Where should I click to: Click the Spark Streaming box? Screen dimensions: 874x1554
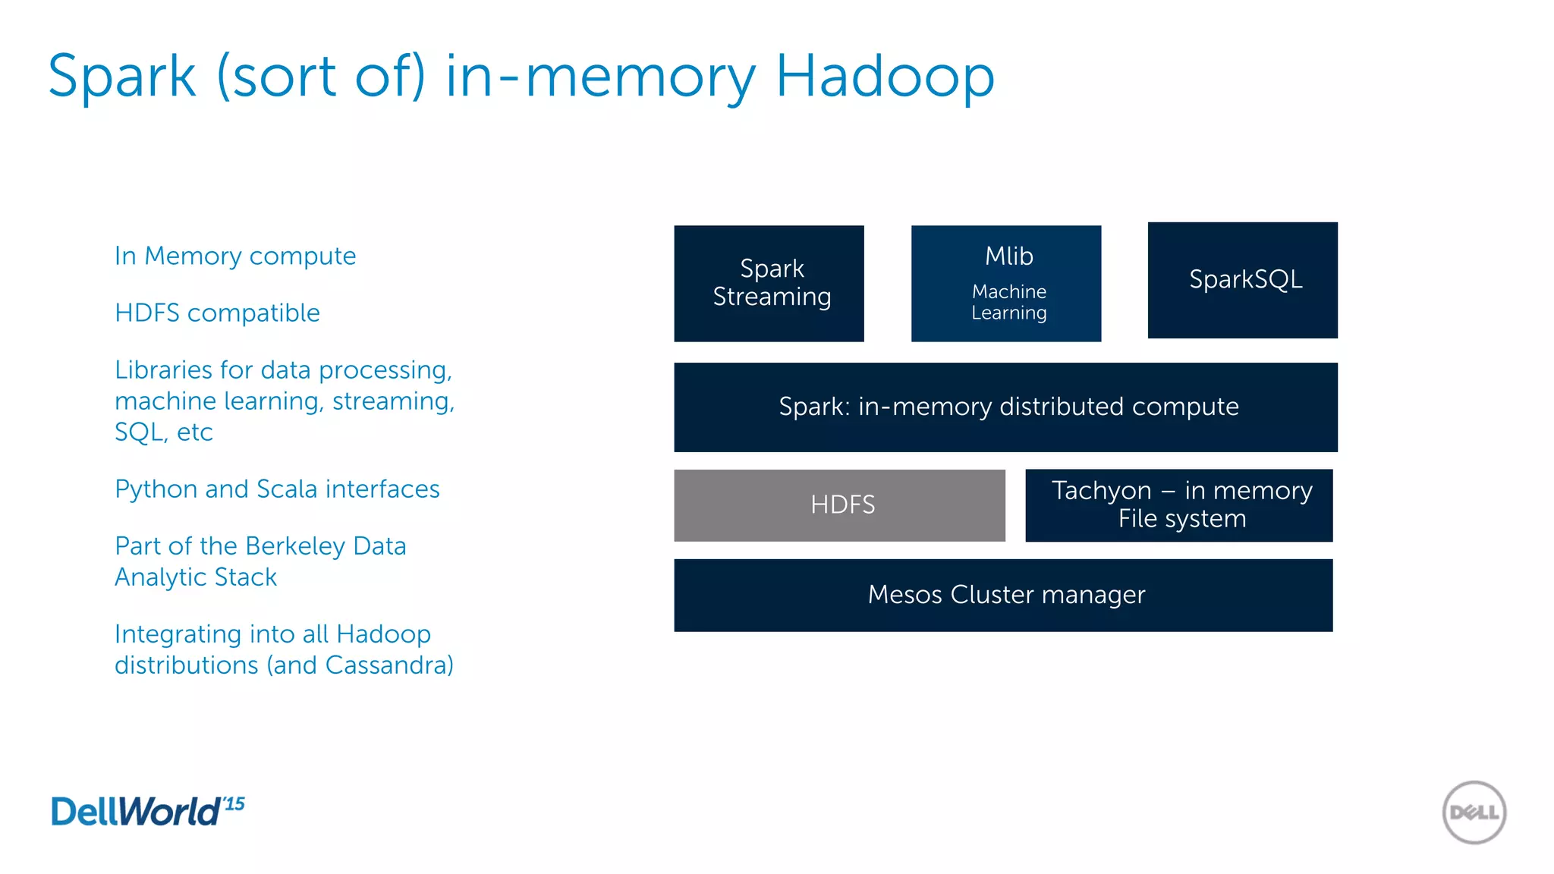tap(769, 283)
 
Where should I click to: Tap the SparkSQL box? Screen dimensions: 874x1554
tap(1242, 280)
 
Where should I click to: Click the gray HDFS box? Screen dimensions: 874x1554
tap(839, 505)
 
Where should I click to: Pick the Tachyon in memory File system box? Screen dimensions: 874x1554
tap(1178, 505)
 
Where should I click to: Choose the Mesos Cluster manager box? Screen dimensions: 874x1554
tap(1003, 595)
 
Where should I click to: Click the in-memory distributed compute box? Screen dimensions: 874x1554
tap(1005, 407)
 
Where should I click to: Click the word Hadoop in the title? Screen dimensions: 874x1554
tap(884, 77)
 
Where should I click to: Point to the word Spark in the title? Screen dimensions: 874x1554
tap(122, 77)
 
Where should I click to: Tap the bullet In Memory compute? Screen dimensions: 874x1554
tap(234, 256)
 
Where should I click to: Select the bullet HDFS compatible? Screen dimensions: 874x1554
tap(217, 313)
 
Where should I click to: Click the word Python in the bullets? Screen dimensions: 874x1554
tap(156, 489)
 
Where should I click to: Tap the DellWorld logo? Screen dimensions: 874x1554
tap(137, 812)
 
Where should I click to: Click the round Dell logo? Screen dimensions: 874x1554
tap(1474, 813)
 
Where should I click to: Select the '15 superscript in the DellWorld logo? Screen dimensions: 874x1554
tap(234, 803)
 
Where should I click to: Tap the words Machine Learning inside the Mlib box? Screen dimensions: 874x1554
tap(1008, 303)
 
